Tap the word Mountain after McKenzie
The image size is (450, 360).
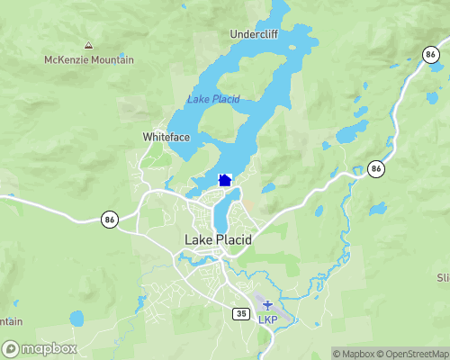click(112, 60)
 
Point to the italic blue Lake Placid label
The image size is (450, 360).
click(213, 99)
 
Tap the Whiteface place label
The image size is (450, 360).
click(166, 138)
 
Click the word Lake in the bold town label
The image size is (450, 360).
click(199, 240)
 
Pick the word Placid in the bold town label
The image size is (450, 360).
click(234, 240)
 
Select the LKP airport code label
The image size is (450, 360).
click(268, 319)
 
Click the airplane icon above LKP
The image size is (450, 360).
click(267, 304)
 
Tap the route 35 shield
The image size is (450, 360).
click(239, 313)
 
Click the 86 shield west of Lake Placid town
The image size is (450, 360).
click(109, 219)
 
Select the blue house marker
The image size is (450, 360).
click(225, 180)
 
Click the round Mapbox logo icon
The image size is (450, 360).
click(12, 348)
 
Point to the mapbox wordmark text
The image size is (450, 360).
click(49, 348)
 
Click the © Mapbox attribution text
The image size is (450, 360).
click(355, 354)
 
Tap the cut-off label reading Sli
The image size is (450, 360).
click(442, 277)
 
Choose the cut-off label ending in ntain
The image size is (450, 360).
click(11, 321)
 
